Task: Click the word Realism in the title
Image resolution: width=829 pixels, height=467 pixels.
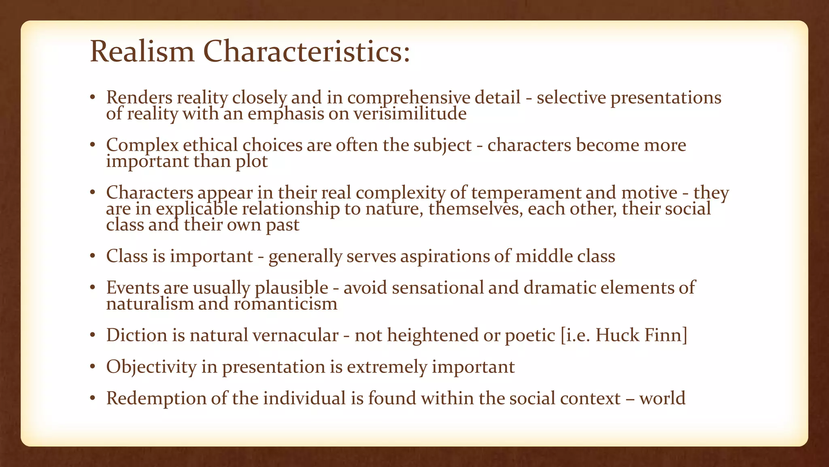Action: tap(142, 52)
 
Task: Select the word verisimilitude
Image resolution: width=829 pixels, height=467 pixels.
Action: tap(410, 114)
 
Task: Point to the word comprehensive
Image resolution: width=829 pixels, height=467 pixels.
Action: tap(408, 98)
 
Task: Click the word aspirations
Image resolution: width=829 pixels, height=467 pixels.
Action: tap(445, 256)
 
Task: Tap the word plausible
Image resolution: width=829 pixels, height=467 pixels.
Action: tap(291, 288)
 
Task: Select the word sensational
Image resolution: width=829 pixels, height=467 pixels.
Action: tap(438, 287)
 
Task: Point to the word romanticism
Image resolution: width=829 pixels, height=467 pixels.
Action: tap(285, 304)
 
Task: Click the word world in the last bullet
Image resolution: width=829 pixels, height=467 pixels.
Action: tap(662, 398)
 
